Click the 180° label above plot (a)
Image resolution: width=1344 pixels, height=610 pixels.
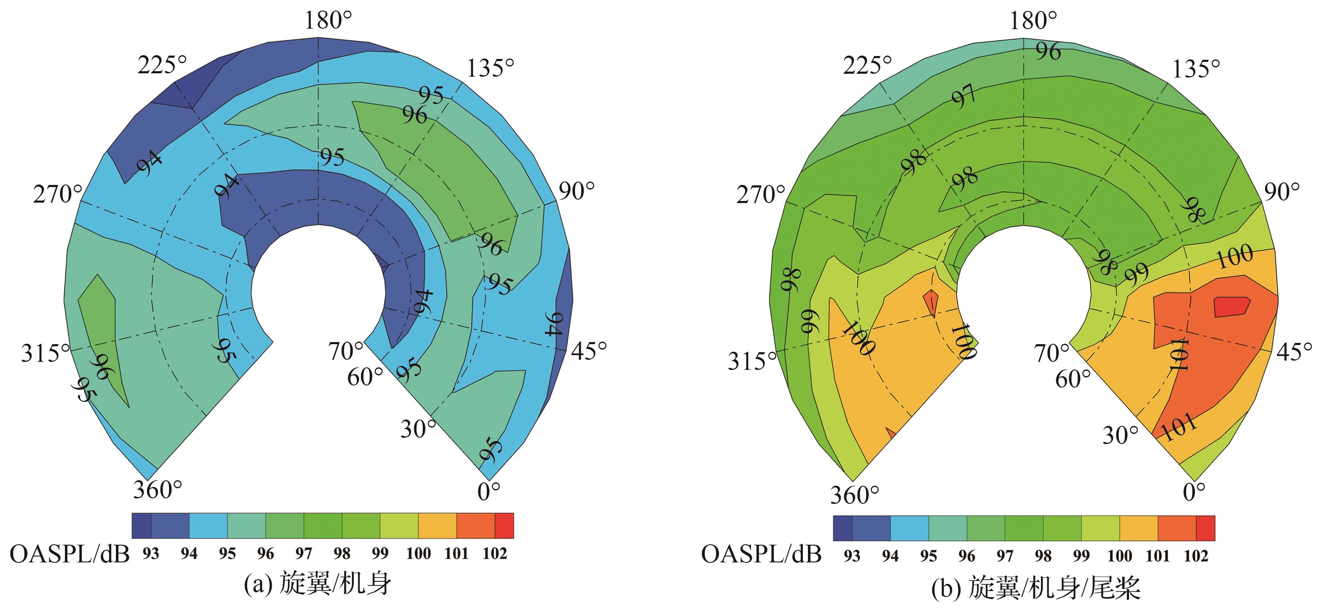coord(327,21)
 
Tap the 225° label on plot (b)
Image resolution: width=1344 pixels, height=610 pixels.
coord(866,66)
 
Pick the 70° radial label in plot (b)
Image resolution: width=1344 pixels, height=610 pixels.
coord(1052,353)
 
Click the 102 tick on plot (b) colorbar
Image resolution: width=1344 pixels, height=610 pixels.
coord(1196,556)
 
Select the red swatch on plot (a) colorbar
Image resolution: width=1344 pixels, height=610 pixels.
coord(504,526)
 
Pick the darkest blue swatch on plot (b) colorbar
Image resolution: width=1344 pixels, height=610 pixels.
coord(842,528)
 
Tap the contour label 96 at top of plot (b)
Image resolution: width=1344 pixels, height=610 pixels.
coord(1048,51)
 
